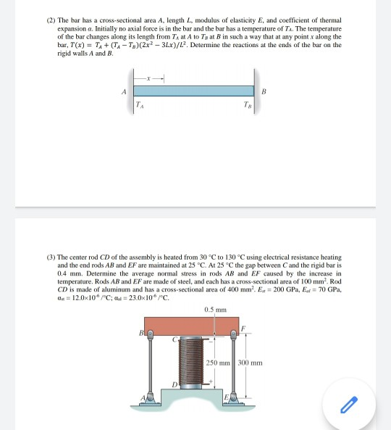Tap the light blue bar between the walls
[195, 91]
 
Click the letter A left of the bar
[125, 91]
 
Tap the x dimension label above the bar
[148, 77]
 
